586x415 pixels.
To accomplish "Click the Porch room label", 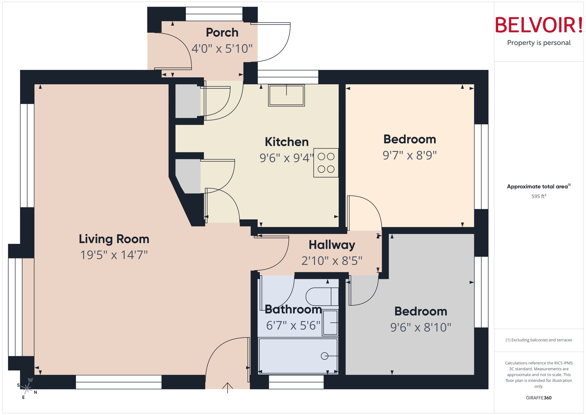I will tap(222, 33).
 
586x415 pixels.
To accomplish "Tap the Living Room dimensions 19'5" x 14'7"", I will tap(114, 255).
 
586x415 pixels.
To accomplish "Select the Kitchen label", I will tap(286, 142).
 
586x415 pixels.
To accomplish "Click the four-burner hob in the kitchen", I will tap(326, 163).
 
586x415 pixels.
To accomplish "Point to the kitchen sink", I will tap(286, 95).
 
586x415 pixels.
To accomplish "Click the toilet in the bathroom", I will tap(322, 296).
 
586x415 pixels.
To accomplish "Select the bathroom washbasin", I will tap(330, 323).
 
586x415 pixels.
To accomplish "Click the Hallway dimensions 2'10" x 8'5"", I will tap(332, 261).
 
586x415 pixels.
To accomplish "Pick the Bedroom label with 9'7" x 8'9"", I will tap(410, 139).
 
